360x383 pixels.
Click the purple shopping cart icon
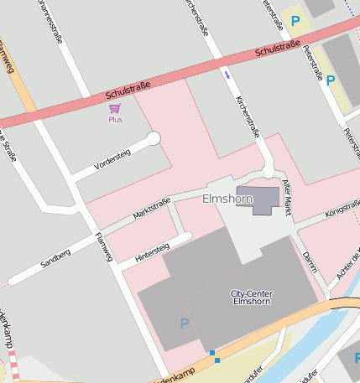coord(115,108)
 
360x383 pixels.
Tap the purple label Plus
coord(115,120)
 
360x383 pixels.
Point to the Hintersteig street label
coord(152,252)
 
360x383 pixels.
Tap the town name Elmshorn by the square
coord(226,199)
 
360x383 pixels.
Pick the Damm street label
coord(309,261)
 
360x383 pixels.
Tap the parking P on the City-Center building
coord(185,323)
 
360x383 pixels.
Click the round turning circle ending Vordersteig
coord(154,138)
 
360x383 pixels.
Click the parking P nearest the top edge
coord(295,20)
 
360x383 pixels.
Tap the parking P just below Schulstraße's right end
coord(331,80)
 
